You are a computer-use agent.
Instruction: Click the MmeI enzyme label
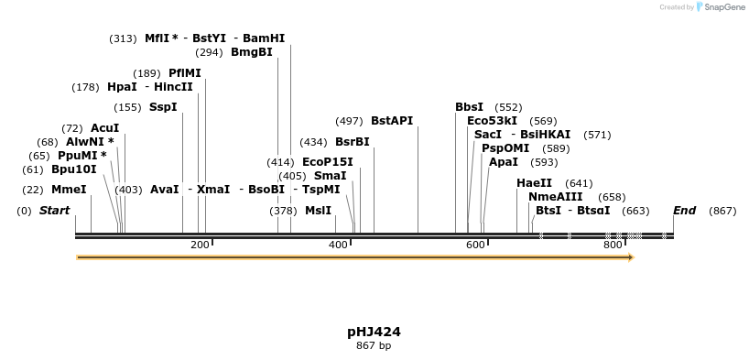pos(69,190)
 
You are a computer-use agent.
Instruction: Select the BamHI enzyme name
pos(264,38)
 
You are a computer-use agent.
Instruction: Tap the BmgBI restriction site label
pos(252,52)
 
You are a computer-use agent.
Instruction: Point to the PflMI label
pos(185,73)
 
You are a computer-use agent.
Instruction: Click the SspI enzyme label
pos(163,107)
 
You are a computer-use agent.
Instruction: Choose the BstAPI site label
pos(392,121)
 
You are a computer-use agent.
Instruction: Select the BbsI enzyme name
pos(470,107)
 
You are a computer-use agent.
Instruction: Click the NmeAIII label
pos(555,197)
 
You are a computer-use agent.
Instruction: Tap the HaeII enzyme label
pos(534,183)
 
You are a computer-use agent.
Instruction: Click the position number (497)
pos(349,121)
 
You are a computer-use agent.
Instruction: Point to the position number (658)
pos(612,197)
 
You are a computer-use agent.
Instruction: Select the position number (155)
pos(128,107)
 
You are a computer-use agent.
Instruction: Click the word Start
pos(54,211)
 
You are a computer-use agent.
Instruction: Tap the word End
pos(684,211)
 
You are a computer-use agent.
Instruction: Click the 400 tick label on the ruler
pos(338,245)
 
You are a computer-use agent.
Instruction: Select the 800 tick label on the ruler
pos(613,245)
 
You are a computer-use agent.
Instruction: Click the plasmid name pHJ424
pos(374,332)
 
